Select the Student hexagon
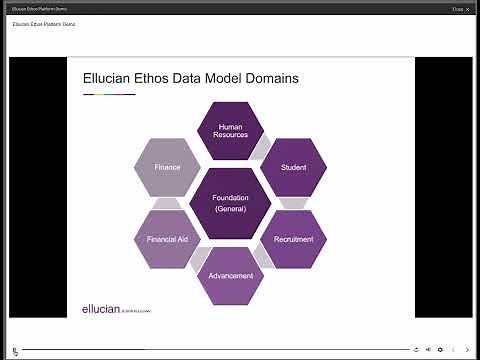293,168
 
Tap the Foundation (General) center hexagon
231,203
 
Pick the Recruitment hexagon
293,240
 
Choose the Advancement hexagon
231,275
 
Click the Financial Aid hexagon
168,240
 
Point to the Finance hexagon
168,168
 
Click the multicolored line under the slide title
108,94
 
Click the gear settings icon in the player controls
440,350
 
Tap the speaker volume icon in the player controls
428,350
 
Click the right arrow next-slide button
467,350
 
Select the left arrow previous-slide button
453,350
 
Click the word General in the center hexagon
231,209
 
